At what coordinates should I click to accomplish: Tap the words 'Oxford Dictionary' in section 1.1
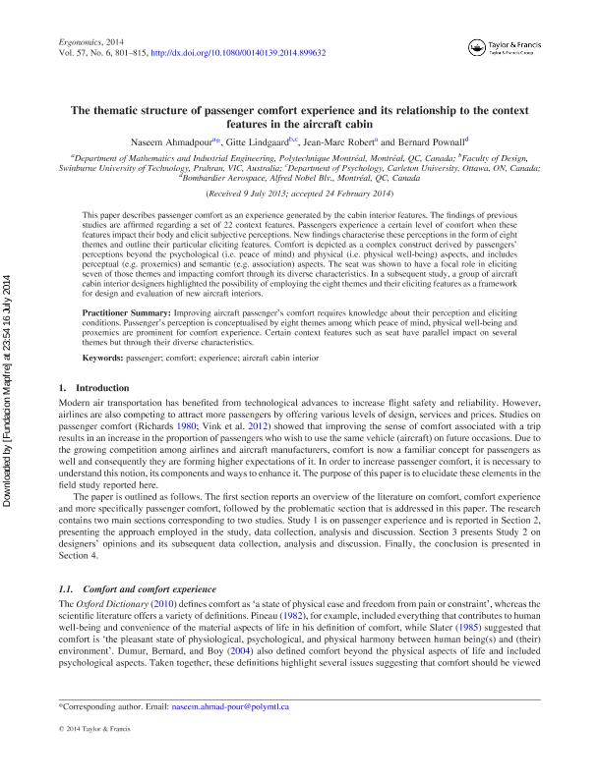click(x=107, y=629)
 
